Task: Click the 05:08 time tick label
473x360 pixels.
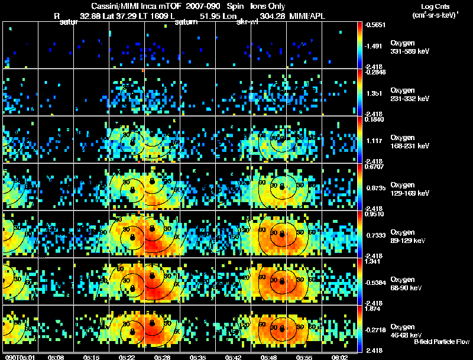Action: [57, 357]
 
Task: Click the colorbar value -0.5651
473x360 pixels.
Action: [376, 25]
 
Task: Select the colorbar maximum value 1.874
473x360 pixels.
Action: [375, 308]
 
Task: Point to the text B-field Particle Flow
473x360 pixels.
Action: [441, 342]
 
